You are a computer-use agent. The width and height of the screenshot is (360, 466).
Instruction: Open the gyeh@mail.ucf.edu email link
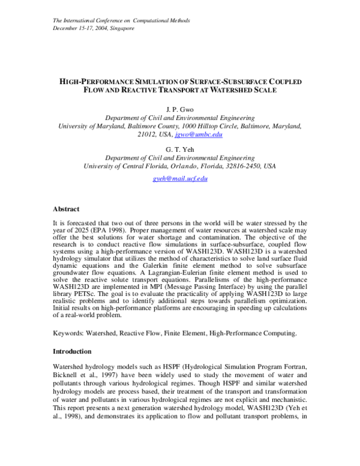pos(179,179)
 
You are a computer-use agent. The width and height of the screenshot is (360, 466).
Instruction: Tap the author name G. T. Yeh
pos(179,149)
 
